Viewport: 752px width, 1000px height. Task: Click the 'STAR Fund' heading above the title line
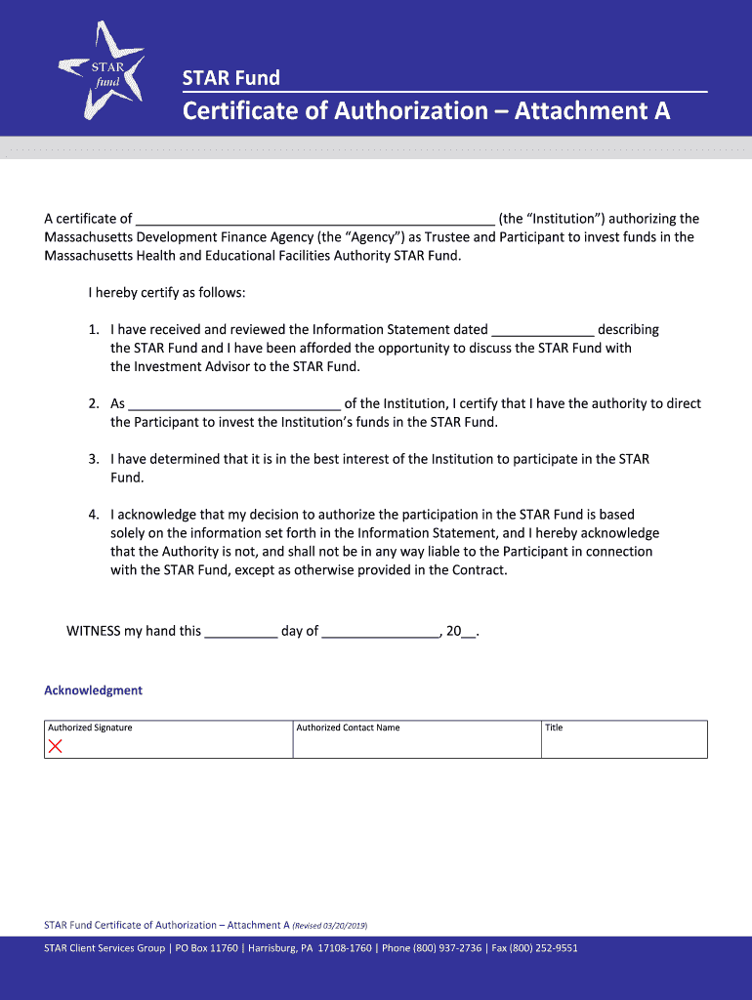click(x=231, y=78)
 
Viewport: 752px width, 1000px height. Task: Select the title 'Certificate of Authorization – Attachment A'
click(x=427, y=111)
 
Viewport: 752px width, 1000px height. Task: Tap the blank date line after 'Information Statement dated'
click(x=542, y=330)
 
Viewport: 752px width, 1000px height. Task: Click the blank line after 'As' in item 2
click(x=234, y=403)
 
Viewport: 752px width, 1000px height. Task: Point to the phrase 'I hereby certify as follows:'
click(x=167, y=293)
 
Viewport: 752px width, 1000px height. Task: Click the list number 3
click(x=94, y=459)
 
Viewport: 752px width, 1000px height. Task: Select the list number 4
click(x=94, y=515)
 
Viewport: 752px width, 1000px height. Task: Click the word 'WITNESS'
click(x=93, y=631)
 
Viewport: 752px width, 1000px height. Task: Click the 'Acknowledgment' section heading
click(x=94, y=690)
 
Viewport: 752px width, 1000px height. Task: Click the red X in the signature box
click(x=56, y=747)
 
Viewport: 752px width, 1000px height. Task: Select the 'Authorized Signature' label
click(x=90, y=728)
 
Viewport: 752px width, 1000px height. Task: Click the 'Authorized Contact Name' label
click(x=348, y=728)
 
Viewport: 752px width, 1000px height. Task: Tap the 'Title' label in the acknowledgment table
click(x=554, y=728)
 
